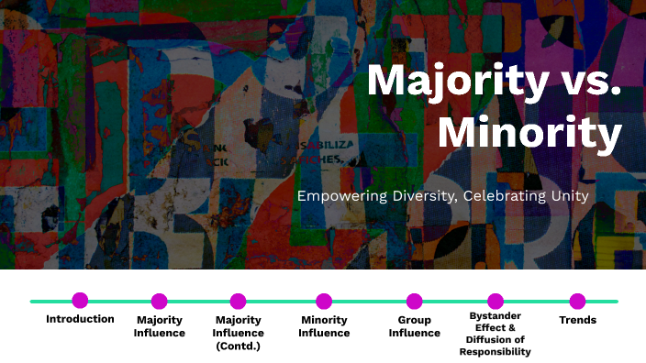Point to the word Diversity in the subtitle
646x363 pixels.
418,195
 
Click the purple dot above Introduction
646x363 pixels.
80,300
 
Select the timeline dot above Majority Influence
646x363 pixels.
159,301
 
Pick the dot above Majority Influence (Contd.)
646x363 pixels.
238,301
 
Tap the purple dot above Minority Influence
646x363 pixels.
324,301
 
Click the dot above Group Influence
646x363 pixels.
414,301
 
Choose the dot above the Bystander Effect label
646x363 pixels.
496,301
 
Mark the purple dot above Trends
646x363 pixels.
577,301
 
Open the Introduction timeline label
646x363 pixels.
80,320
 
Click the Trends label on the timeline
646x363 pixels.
577,320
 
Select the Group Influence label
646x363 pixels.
414,326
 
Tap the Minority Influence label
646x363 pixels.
324,326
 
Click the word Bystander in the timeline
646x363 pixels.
495,316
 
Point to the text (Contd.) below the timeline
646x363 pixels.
239,346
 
